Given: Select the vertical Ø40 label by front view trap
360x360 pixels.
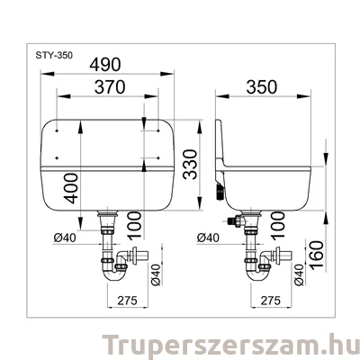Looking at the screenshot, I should point(155,275).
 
